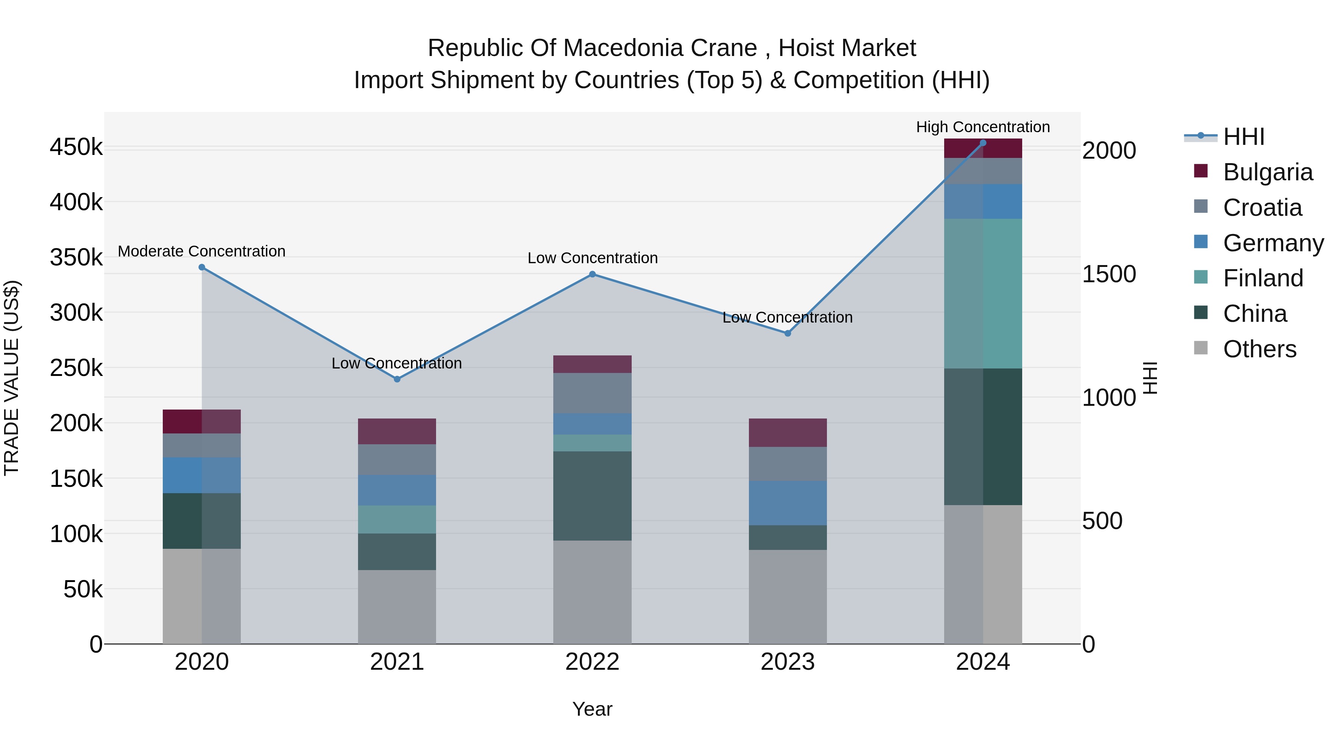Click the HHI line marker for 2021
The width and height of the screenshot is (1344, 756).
click(397, 379)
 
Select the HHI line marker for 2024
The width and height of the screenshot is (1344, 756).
click(983, 143)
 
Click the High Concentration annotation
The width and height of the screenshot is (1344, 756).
click(983, 127)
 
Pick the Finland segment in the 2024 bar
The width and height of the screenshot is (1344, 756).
click(983, 294)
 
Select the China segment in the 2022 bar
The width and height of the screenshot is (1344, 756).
click(592, 496)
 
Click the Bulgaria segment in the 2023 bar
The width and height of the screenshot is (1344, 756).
click(788, 433)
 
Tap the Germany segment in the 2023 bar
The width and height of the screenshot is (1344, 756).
click(788, 503)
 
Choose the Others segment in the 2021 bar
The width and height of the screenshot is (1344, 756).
click(397, 607)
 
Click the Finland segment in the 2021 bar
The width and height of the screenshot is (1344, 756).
click(397, 520)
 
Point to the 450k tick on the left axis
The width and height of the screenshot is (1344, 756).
click(76, 147)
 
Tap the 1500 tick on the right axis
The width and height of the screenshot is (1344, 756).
click(1109, 274)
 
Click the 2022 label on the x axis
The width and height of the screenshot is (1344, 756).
click(592, 662)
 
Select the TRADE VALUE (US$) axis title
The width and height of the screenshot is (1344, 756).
click(12, 378)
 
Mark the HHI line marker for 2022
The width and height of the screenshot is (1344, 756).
click(592, 274)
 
